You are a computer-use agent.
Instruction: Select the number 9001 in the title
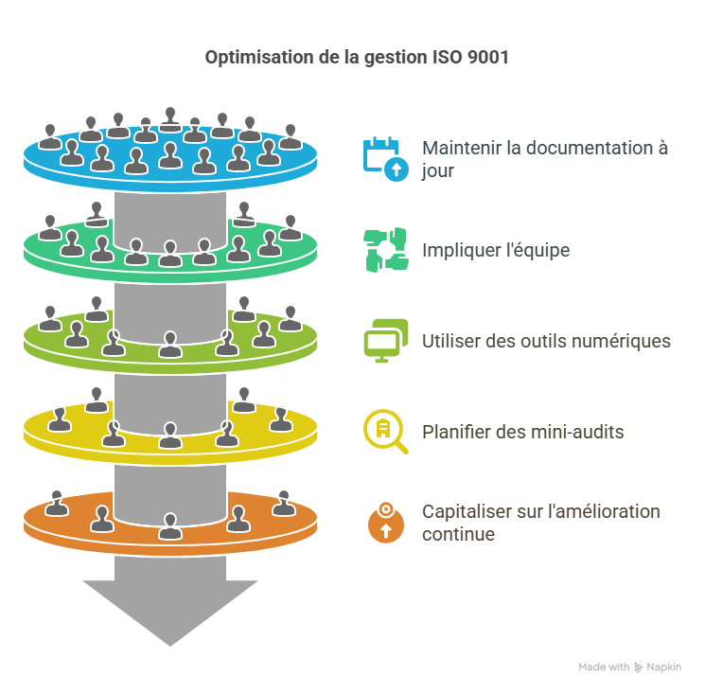click(489, 58)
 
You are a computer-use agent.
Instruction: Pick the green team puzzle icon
click(385, 250)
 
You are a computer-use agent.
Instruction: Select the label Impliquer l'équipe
click(495, 250)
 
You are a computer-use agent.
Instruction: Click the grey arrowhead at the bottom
click(170, 606)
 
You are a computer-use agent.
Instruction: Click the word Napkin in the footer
click(663, 667)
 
